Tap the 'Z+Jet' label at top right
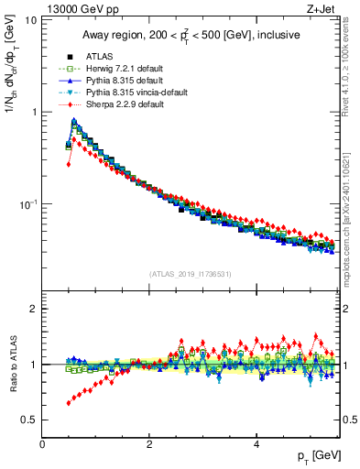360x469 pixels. point(323,8)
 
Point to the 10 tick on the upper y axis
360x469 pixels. point(31,20)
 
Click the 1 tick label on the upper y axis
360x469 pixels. point(35,113)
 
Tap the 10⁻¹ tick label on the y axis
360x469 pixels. point(27,204)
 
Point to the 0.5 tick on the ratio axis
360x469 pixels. point(29,420)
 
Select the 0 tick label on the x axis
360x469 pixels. point(42,444)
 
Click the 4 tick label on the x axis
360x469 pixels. point(256,444)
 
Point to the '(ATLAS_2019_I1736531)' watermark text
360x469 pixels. point(191,275)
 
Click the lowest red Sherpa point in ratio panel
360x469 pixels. point(69,403)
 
